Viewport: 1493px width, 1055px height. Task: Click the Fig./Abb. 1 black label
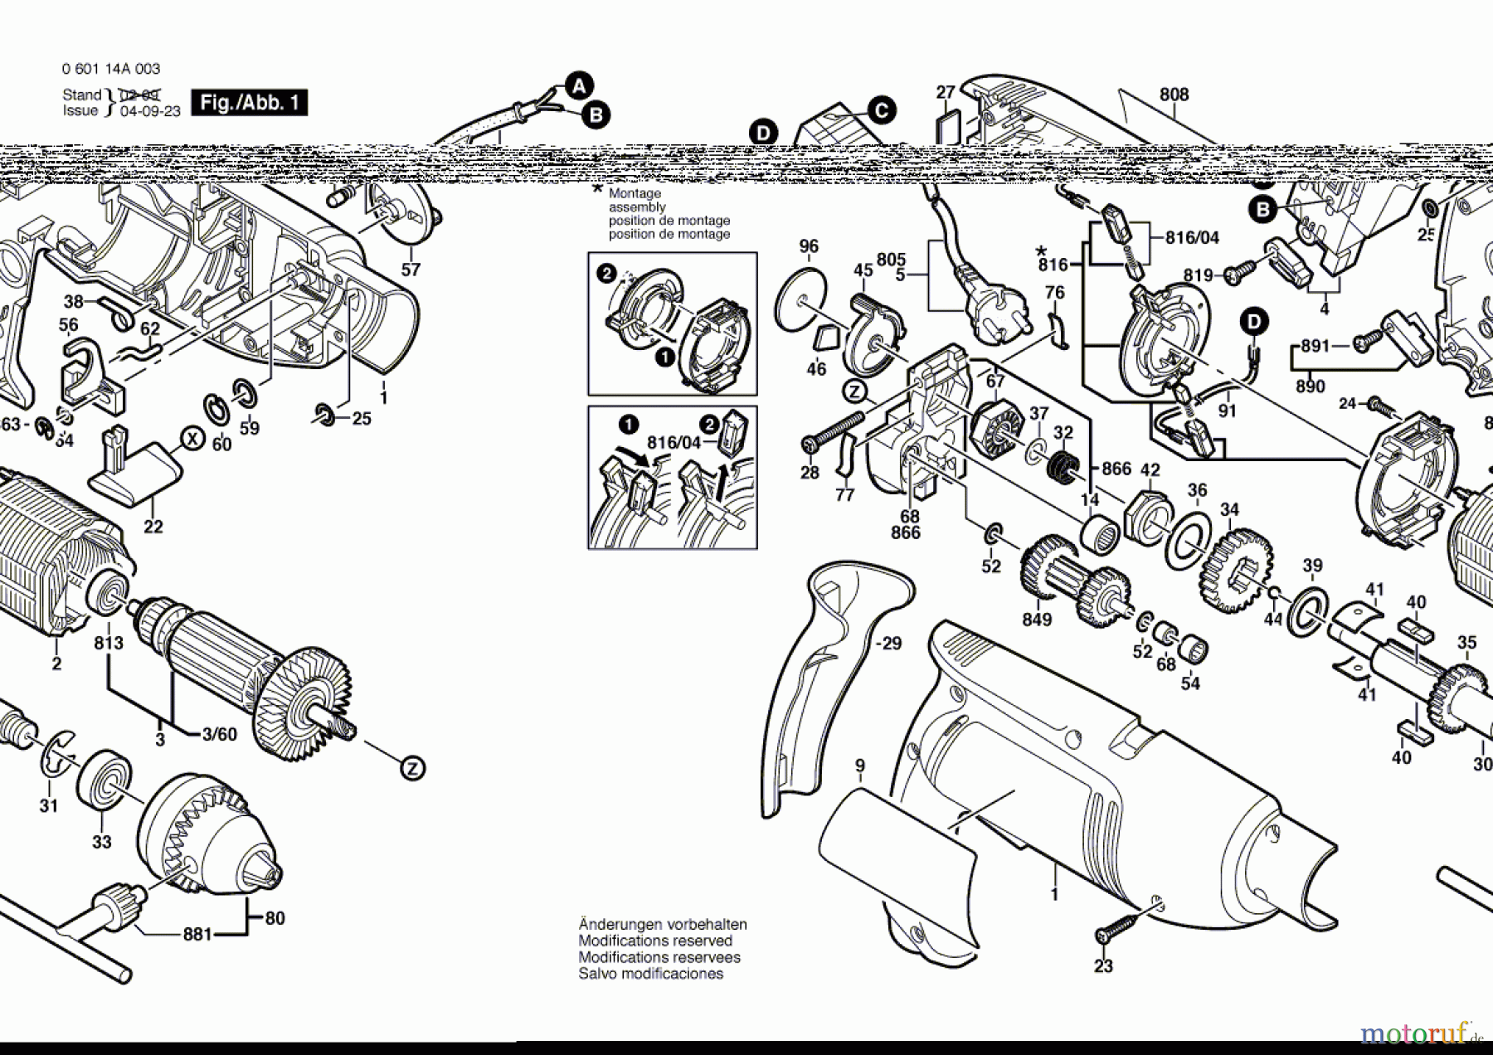coord(249,103)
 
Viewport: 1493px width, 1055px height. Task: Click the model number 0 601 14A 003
coord(111,69)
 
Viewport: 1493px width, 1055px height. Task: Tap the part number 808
coord(1174,95)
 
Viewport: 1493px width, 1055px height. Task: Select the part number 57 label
coord(411,270)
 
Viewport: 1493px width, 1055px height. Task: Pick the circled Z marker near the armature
coord(412,769)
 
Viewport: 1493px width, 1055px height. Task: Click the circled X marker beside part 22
coord(192,438)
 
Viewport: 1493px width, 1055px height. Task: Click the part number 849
coord(1037,620)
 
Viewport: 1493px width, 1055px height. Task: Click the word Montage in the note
coord(635,193)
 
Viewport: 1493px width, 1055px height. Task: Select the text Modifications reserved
coord(655,941)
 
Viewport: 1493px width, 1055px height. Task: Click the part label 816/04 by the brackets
coord(1192,238)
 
